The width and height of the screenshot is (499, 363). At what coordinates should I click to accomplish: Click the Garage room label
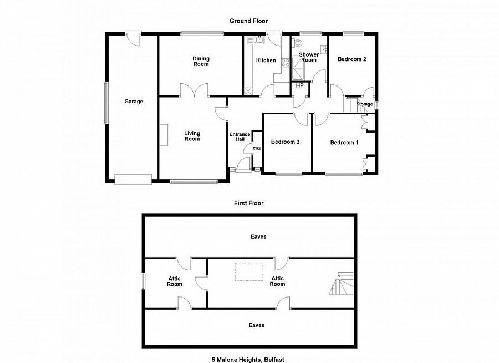[x=134, y=102]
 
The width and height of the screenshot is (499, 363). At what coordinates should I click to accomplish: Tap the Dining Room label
[x=201, y=61]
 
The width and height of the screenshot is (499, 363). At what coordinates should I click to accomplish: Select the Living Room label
[x=192, y=136]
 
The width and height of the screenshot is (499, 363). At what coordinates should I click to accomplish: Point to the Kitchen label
[x=266, y=60]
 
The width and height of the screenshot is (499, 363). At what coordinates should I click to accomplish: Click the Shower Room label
[x=309, y=57]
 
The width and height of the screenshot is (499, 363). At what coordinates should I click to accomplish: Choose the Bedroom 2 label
[x=352, y=59]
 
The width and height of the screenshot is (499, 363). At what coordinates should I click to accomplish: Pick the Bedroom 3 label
[x=285, y=142]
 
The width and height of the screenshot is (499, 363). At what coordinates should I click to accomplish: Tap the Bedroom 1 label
[x=344, y=143]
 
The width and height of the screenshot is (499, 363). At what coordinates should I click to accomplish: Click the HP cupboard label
[x=299, y=86]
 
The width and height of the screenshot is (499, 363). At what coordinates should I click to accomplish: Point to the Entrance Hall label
[x=240, y=136]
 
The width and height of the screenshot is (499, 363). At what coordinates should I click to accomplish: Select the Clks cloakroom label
[x=257, y=148]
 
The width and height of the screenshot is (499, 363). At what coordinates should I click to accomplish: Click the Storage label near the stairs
[x=364, y=104]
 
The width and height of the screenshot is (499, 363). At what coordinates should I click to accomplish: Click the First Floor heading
[x=248, y=203]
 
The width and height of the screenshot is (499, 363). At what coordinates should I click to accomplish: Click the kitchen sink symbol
[x=259, y=39]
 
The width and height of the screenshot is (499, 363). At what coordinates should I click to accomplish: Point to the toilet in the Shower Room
[x=298, y=43]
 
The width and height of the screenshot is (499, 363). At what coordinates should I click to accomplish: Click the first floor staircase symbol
[x=341, y=283]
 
